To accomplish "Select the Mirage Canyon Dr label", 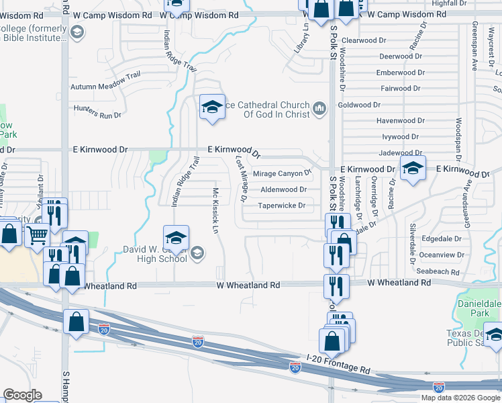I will (x=282, y=174).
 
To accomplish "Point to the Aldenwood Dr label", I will (x=283, y=190).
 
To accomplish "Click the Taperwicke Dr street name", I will (x=282, y=206).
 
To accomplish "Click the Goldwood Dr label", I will (x=359, y=105).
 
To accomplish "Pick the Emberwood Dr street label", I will (x=399, y=73).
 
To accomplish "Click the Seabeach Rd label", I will (x=438, y=271).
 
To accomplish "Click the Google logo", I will (x=22, y=395).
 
